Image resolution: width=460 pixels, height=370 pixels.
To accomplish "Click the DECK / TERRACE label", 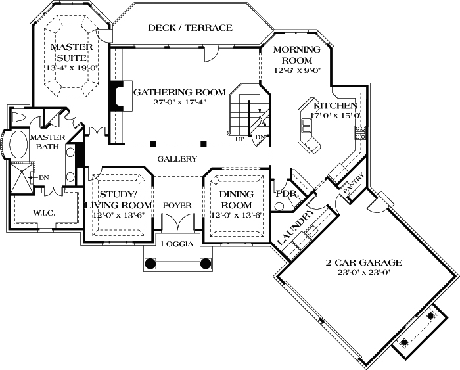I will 190,28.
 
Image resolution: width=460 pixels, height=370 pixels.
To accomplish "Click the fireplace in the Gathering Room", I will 116,97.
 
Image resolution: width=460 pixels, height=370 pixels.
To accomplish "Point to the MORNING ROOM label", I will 296,55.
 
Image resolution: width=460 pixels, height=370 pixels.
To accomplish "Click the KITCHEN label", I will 335,105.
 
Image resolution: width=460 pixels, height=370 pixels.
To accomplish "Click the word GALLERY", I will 177,159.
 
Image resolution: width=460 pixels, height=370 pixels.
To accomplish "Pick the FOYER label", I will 177,205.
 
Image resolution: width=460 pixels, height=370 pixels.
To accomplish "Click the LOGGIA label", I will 177,244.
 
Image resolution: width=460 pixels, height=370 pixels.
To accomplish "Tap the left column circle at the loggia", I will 150,264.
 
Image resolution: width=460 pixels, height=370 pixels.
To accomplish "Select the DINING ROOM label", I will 236,200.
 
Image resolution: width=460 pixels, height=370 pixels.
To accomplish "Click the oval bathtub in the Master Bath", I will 14,145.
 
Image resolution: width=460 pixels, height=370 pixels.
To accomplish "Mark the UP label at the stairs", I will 239,139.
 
